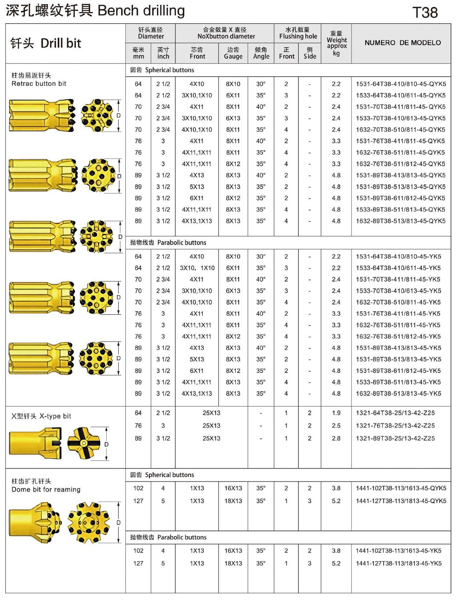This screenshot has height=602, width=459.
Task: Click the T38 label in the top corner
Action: click(425, 13)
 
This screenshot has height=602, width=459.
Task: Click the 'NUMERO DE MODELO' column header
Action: click(402, 43)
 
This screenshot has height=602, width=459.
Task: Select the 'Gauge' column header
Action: click(233, 53)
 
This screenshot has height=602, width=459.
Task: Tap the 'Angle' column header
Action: click(261, 53)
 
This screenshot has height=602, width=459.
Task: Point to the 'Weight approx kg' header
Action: click(336, 43)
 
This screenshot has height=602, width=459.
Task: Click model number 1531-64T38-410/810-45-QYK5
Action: click(401, 84)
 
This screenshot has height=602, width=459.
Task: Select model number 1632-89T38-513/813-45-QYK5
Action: click(401, 221)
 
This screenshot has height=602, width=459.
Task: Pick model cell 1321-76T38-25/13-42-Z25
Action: click(395, 426)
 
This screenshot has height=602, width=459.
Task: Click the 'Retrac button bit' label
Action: click(39, 83)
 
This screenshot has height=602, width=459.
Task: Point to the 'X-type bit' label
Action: click(55, 416)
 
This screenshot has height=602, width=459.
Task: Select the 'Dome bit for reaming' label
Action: click(46, 489)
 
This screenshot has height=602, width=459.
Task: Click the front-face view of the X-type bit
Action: click(84, 443)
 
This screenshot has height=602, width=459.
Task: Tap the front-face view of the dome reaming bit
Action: click(88, 523)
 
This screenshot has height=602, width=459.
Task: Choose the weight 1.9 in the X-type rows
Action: click(336, 413)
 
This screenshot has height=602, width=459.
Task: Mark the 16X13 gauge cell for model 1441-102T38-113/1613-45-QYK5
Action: click(233, 488)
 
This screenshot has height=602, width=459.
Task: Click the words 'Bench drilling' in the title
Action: click(141, 10)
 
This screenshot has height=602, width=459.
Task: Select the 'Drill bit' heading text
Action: click(61, 43)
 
